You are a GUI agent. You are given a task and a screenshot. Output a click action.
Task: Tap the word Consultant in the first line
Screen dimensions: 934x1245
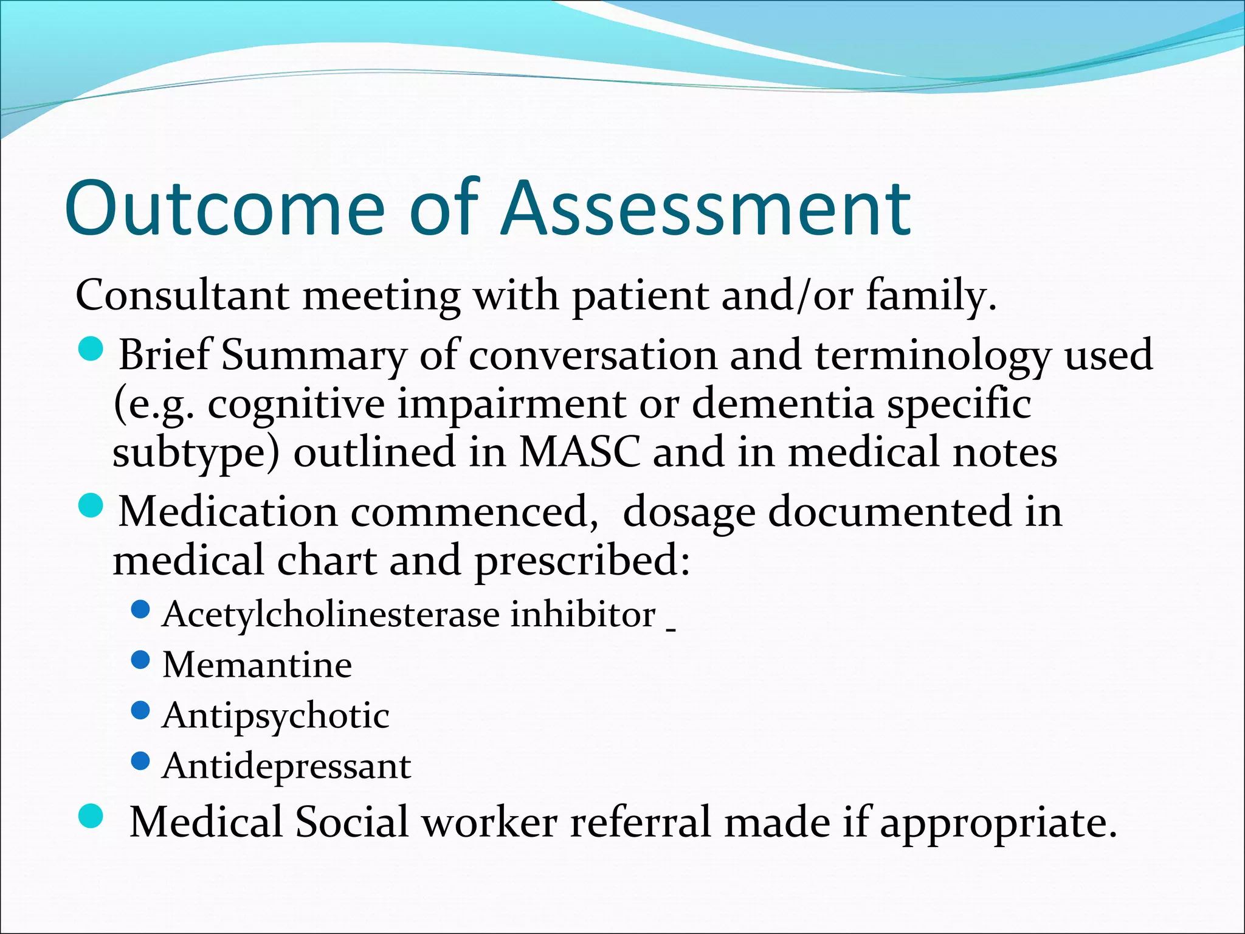(x=182, y=296)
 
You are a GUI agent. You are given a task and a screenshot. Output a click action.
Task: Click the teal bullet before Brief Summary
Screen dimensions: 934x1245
(x=92, y=350)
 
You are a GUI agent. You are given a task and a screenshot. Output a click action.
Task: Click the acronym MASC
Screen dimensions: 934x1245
(x=579, y=452)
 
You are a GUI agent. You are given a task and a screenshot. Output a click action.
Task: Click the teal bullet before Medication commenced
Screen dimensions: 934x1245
(x=92, y=506)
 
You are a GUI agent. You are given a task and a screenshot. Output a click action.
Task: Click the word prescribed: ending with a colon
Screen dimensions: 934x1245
(x=582, y=561)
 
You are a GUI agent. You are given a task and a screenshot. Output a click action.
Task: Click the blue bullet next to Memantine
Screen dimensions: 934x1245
(x=140, y=660)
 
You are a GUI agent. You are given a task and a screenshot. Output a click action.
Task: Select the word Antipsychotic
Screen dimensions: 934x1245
(x=275, y=716)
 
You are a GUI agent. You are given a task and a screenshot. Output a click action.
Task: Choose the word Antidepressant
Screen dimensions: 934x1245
(x=286, y=766)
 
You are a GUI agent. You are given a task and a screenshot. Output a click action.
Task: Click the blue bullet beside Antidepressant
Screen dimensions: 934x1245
(x=140, y=761)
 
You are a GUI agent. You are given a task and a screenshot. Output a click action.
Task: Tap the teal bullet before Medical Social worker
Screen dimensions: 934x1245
(x=92, y=816)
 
